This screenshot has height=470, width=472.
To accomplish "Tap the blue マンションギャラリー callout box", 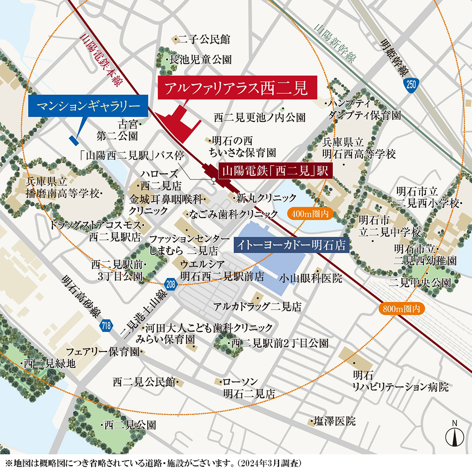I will click(x=88, y=104).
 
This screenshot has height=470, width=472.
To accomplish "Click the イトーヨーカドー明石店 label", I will click(x=291, y=246).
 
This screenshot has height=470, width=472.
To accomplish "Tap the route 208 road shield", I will click(x=171, y=284).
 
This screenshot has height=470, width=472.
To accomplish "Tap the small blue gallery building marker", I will click(x=73, y=140).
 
